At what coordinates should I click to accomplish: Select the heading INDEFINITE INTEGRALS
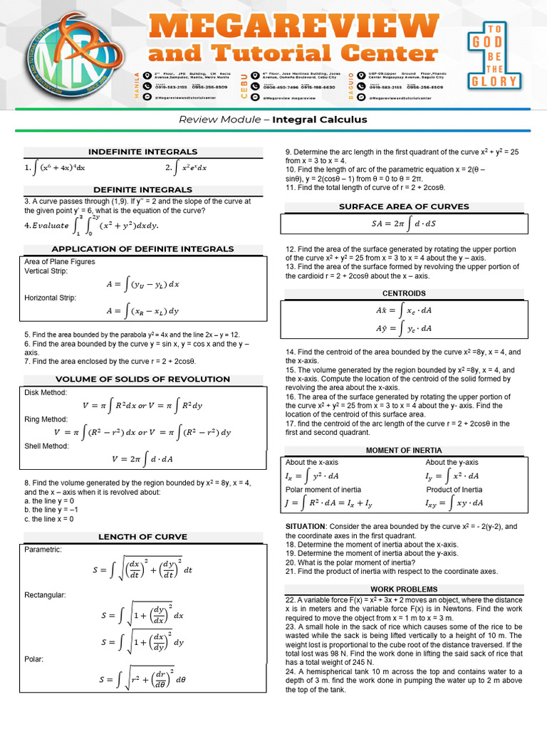[x=142, y=152]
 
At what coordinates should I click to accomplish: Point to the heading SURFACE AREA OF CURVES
[x=404, y=206]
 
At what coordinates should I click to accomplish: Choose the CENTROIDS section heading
[x=404, y=293]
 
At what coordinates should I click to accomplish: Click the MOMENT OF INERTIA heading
[x=404, y=450]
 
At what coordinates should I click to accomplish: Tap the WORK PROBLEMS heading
[x=404, y=589]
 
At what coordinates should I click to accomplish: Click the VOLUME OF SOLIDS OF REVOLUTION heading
[x=142, y=379]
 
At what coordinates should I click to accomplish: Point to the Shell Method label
[x=46, y=446]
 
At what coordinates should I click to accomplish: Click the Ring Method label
[x=46, y=419]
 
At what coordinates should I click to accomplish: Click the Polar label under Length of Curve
[x=33, y=659]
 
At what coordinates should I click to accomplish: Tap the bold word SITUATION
[x=306, y=526]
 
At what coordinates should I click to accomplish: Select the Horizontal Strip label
[x=50, y=298]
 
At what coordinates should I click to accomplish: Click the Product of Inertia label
[x=454, y=490]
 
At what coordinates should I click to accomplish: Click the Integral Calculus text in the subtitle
[x=320, y=120]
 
